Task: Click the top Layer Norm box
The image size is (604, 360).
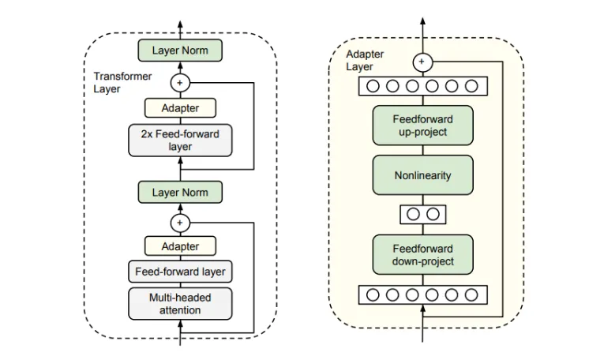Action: tap(180, 51)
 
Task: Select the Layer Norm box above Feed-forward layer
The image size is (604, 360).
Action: tap(180, 192)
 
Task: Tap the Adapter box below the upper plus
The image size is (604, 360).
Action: tap(180, 108)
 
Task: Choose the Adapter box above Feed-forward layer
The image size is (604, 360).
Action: tap(180, 246)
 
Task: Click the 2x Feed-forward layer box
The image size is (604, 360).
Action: tap(180, 141)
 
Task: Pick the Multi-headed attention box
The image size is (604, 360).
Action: tap(180, 304)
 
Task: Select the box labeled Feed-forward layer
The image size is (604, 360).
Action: tap(180, 272)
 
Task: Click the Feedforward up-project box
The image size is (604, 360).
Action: tap(422, 126)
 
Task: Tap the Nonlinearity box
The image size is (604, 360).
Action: tap(422, 175)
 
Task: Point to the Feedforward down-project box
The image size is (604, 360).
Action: tap(422, 254)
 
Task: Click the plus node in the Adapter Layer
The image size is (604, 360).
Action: tap(422, 62)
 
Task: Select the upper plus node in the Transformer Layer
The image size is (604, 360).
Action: tap(180, 83)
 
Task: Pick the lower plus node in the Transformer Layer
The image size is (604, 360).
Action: tap(180, 223)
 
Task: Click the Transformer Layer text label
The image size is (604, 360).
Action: tap(122, 82)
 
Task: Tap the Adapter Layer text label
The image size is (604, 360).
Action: tap(365, 61)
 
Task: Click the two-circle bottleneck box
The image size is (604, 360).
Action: tap(422, 215)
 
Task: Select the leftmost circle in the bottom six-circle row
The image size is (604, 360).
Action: tap(373, 295)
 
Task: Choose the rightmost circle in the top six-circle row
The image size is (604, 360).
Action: tap(471, 86)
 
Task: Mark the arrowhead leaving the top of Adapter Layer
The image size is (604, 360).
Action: tap(422, 21)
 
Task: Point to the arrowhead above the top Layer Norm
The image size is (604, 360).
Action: tap(180, 24)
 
